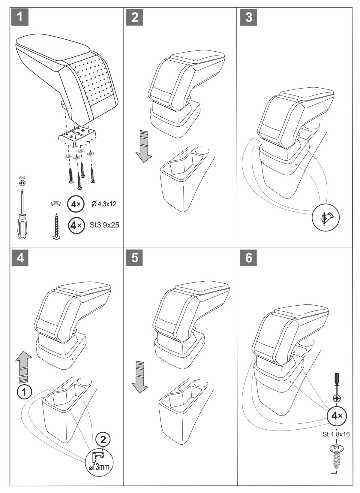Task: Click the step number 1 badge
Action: point(20,17)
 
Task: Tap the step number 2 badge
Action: point(135,17)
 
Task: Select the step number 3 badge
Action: point(249,17)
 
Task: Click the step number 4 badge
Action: point(20,258)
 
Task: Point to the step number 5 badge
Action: point(135,258)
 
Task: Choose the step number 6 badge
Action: point(249,258)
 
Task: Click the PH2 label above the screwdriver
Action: point(22,177)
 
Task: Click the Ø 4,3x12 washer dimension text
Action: point(104,204)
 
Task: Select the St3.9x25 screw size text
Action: point(104,225)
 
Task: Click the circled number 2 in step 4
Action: point(103,440)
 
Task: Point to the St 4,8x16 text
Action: point(336,434)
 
